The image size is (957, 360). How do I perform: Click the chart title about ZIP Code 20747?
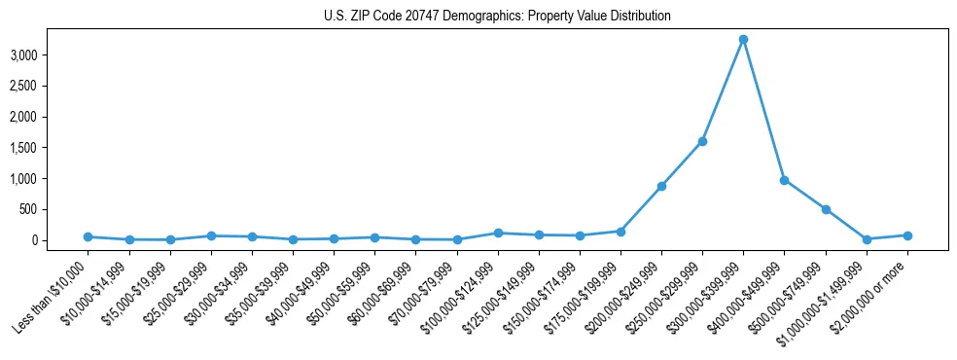(x=497, y=16)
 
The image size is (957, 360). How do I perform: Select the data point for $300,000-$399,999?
(x=743, y=40)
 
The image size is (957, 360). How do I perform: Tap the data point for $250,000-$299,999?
(x=702, y=141)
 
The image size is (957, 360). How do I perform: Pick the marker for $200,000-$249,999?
(x=661, y=186)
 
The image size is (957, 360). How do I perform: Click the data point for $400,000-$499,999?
(x=784, y=180)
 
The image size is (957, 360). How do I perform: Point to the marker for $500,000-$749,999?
(x=826, y=209)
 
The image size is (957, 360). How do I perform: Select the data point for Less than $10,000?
(x=88, y=236)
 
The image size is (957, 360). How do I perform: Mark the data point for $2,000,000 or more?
(x=907, y=235)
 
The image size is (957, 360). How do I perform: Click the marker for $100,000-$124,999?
(x=497, y=233)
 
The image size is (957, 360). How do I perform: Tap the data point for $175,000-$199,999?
(x=620, y=232)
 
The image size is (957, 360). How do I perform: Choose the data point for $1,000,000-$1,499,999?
(x=867, y=239)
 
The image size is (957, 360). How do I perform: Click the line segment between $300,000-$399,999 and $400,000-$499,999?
(x=763, y=110)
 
